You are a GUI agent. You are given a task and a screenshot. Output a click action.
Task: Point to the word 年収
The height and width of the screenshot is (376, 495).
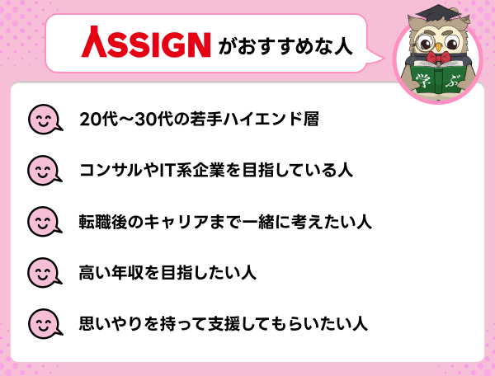coord(139,271)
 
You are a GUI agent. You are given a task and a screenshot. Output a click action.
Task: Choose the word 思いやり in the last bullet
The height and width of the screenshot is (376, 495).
coord(117,322)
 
